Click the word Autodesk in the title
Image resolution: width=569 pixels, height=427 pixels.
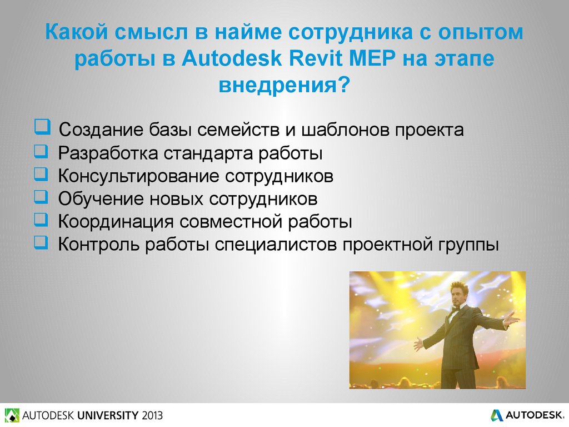click(232, 58)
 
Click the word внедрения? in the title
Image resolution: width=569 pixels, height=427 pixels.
click(284, 85)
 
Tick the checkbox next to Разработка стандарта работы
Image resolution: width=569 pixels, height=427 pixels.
click(41, 151)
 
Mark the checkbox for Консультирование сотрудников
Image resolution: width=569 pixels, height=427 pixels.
click(41, 174)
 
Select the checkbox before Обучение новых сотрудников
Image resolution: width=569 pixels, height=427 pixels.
click(41, 197)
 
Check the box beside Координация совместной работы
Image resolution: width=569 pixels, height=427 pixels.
click(41, 220)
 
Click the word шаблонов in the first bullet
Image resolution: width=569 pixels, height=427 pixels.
click(345, 130)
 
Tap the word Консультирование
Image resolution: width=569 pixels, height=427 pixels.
click(138, 176)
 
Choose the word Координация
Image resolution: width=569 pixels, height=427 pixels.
click(116, 222)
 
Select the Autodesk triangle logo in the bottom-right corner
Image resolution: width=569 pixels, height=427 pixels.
click(497, 415)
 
